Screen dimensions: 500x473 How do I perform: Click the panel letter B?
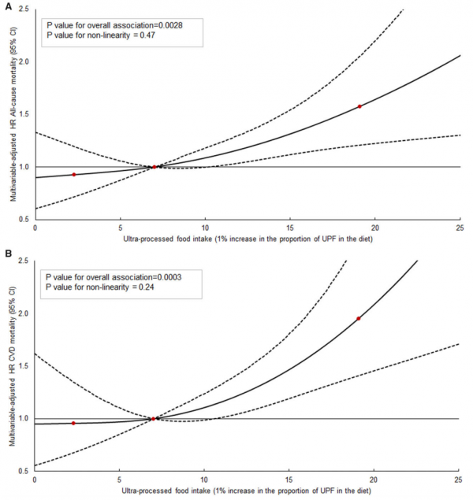click(x=6, y=255)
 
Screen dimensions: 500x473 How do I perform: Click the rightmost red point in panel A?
click(x=359, y=106)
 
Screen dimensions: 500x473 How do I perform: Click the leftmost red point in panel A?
click(x=73, y=174)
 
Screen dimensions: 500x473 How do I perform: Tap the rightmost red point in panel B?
click(x=359, y=318)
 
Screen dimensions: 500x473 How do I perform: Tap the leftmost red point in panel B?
click(x=73, y=423)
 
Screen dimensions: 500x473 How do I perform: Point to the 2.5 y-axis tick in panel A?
click(x=24, y=9)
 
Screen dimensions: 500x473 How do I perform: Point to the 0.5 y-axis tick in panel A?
click(x=24, y=219)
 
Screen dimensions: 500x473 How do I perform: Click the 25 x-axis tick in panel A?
click(x=460, y=228)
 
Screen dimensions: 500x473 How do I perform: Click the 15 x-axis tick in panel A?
click(x=290, y=228)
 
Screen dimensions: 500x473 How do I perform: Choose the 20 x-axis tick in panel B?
click(x=374, y=479)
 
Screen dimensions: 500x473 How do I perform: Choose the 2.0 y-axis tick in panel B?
click(x=24, y=313)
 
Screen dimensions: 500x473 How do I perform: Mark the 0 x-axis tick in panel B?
click(x=35, y=479)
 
